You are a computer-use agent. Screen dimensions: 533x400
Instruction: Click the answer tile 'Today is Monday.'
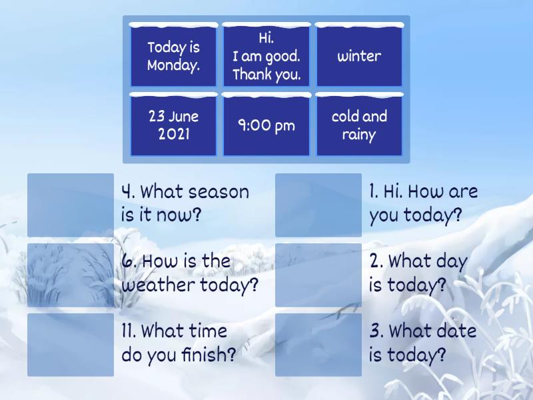click(x=173, y=55)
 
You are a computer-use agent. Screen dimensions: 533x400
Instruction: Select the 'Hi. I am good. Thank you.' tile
click(x=266, y=55)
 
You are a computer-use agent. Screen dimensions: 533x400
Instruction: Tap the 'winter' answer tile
click(x=359, y=55)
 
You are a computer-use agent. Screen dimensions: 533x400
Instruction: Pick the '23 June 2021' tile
click(x=173, y=125)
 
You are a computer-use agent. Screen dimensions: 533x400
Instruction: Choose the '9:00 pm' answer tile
click(x=266, y=125)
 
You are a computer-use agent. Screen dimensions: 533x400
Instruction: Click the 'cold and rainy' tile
click(x=359, y=125)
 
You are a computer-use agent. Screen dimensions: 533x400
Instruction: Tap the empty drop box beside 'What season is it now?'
click(x=71, y=205)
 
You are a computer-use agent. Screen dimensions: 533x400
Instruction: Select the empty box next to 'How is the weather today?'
click(x=71, y=275)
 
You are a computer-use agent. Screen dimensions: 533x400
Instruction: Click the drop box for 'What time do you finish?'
click(x=71, y=345)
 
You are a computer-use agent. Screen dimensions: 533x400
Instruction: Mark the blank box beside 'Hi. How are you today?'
click(x=318, y=205)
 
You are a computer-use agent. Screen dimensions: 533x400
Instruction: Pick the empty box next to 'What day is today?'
click(x=318, y=275)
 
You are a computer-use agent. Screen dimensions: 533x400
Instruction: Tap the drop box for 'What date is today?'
click(x=318, y=345)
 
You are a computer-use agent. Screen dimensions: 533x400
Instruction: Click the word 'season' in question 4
click(x=219, y=192)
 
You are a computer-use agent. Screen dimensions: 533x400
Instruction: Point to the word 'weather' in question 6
click(x=159, y=285)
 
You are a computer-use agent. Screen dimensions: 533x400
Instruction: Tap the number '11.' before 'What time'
click(x=129, y=331)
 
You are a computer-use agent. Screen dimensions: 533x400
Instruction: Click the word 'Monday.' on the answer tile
click(x=173, y=65)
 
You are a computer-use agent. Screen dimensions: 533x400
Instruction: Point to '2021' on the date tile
click(x=174, y=134)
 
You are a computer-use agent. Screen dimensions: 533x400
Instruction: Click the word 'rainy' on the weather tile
click(x=359, y=135)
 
